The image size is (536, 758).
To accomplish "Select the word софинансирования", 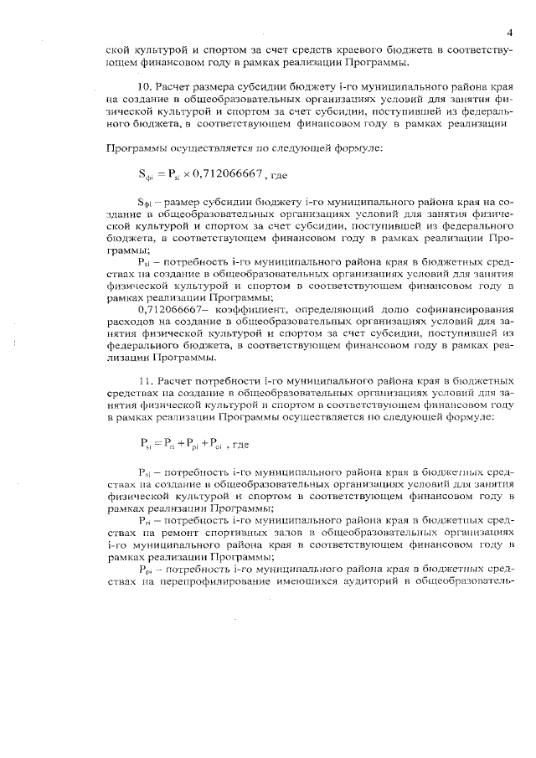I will (460, 308).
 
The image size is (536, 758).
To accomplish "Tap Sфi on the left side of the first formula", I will (146, 175).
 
